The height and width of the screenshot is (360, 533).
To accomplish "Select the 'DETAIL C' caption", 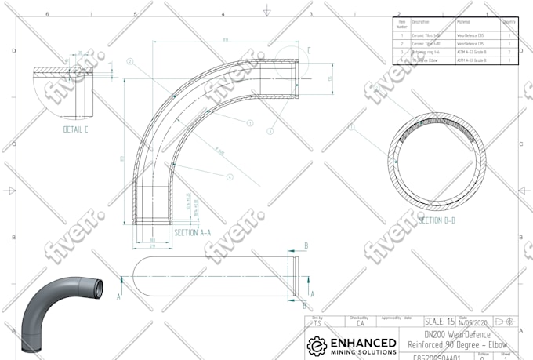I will (75, 129).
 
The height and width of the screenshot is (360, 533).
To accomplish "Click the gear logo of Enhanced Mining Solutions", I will (317, 346).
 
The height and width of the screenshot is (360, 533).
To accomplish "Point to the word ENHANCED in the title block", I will (363, 342).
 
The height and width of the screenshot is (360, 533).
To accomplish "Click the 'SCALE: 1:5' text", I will (440, 322).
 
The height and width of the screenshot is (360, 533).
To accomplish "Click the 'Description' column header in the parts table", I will (421, 22).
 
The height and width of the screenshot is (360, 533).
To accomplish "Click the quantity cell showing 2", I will (509, 52).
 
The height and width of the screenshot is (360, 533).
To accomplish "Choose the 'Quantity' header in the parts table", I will (509, 22).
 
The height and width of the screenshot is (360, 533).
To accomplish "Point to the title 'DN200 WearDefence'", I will (462, 334).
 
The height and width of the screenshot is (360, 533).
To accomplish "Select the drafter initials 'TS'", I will (317, 322).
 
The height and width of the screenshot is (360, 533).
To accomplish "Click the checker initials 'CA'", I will (360, 322).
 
